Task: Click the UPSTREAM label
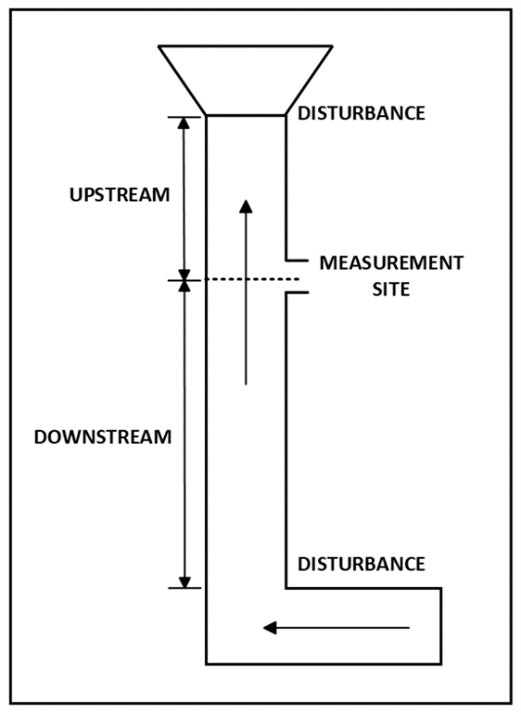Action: (x=119, y=195)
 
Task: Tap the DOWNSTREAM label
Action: (x=102, y=437)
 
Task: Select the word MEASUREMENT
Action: (x=391, y=263)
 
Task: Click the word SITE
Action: (x=391, y=290)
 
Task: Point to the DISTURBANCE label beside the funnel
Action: (x=361, y=113)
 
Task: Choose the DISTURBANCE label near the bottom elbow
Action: (x=361, y=564)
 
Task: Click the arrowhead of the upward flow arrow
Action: (x=246, y=206)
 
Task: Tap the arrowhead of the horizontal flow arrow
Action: (x=270, y=628)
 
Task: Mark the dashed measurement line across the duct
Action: (x=252, y=279)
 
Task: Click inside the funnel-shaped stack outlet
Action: (x=246, y=80)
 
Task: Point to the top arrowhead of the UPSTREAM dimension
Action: (x=183, y=124)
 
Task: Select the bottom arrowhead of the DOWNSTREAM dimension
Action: (x=184, y=582)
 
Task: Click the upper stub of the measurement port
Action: (x=298, y=260)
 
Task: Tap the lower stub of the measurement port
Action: (x=298, y=293)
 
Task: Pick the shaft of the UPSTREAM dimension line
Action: (x=184, y=199)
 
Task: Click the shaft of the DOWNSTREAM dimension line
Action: (x=184, y=434)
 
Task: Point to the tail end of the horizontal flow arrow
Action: (x=410, y=628)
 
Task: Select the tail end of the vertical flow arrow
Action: (x=246, y=384)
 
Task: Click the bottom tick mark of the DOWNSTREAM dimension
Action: (x=184, y=588)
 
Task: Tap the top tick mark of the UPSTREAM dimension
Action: (x=184, y=117)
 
